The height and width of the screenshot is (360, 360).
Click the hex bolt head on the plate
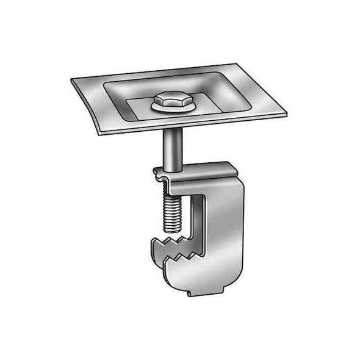(x=173, y=99)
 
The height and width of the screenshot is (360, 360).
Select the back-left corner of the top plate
(x=72, y=81)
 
